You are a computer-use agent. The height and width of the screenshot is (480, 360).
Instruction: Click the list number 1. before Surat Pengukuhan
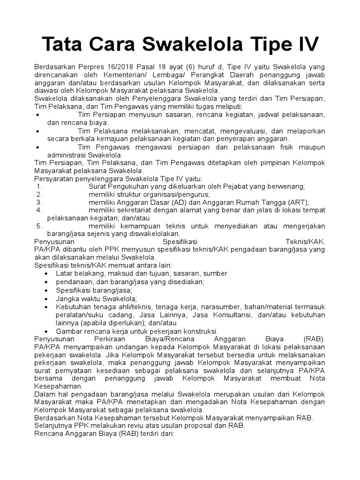[x=39, y=186]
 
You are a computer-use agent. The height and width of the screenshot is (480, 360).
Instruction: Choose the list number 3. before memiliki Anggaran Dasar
[x=39, y=202]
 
